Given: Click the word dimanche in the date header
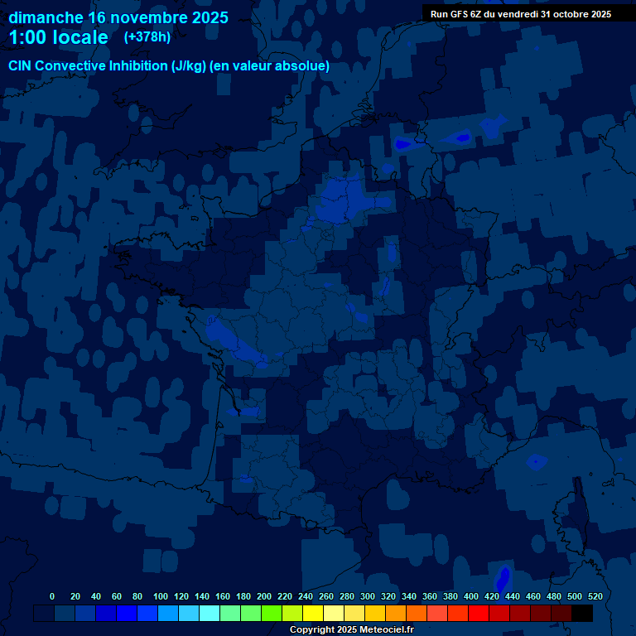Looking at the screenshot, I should pos(45,17).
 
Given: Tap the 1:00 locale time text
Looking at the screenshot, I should pos(58,37).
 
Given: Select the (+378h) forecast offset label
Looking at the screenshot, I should pos(147,37).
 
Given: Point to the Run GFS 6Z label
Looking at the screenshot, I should pos(463,14).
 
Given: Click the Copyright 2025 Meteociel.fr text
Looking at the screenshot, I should pos(351,629).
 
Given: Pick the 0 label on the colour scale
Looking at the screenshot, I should pos(52,596).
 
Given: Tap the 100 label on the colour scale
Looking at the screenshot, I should pos(161,596).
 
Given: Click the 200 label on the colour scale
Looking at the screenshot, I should pos(264,596).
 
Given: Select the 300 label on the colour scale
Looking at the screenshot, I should pos(368,596).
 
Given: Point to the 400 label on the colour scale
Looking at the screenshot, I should pos(471,596).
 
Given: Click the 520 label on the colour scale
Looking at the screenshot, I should pos(594,596).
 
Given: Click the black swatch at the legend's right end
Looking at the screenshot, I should pos(582,613).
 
